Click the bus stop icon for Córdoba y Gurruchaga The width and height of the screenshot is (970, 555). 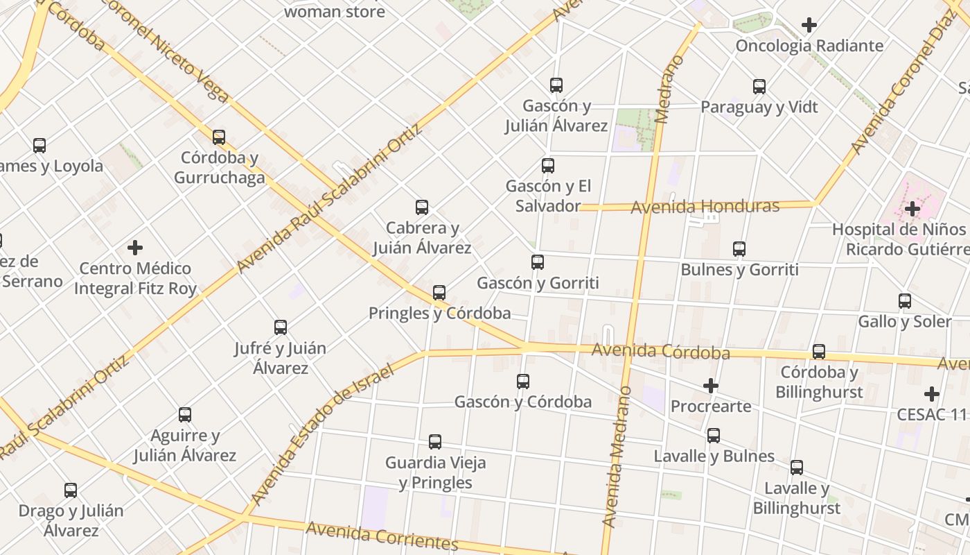coord(219,137)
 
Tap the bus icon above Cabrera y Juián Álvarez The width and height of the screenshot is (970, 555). coord(421,207)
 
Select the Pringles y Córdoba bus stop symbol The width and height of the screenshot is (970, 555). coord(439,293)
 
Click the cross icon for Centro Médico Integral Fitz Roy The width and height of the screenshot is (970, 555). coord(135,248)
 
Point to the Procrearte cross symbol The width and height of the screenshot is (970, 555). coord(711,386)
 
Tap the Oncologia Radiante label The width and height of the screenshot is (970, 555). coord(809,46)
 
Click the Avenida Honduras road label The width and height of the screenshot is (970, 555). coord(705,207)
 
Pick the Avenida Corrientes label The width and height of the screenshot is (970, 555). coord(382,536)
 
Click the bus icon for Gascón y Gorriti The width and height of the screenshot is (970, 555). coord(538,262)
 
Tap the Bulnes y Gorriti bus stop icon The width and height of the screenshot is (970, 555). coord(739,249)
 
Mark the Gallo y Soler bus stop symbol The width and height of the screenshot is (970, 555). coord(905,301)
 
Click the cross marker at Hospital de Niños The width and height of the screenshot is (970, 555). coord(912,208)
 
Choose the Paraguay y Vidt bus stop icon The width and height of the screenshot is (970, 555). coord(759,87)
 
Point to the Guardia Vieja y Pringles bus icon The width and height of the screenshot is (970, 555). coord(435,442)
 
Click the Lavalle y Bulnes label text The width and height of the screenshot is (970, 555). coord(714,456)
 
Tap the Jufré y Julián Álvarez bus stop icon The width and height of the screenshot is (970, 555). coord(281,327)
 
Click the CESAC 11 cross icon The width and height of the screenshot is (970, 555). coord(932,394)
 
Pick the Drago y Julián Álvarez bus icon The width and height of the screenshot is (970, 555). coord(71,490)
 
